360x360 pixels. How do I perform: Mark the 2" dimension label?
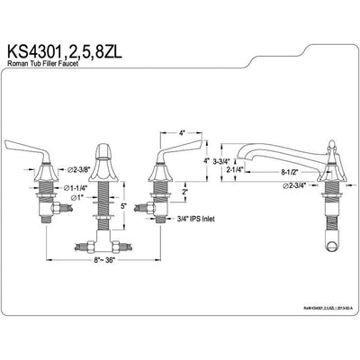pyautogui.click(x=184, y=191)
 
